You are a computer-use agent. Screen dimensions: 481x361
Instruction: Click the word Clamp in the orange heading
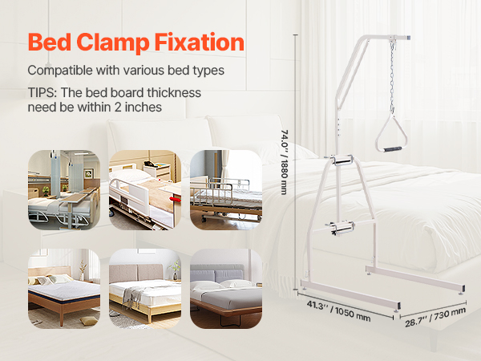[x=112, y=43]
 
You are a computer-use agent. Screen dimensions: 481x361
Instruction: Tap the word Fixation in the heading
[x=199, y=42]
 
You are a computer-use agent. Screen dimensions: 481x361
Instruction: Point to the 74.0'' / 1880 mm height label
[x=285, y=162]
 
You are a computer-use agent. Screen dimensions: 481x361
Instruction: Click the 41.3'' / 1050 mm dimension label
[x=338, y=310]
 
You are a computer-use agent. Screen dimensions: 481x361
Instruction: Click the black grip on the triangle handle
[x=392, y=149]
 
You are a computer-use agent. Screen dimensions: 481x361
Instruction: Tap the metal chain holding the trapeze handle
[x=392, y=77]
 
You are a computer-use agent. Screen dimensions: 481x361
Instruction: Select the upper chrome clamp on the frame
[x=342, y=160]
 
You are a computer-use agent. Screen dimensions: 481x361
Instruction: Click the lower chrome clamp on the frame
[x=342, y=228]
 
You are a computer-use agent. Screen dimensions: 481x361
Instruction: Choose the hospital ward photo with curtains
[x=64, y=189]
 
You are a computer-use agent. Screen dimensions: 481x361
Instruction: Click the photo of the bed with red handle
[x=145, y=189]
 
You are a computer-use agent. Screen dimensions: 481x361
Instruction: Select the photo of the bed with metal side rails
[x=226, y=189]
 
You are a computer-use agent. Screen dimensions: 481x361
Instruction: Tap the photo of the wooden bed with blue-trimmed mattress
[x=64, y=289]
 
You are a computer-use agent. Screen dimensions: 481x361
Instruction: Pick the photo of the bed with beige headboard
[x=145, y=289]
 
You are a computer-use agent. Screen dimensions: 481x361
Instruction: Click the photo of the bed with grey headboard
[x=226, y=289]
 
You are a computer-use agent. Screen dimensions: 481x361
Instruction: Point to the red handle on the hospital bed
[x=176, y=200]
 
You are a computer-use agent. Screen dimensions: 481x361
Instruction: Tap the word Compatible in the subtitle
[x=60, y=71]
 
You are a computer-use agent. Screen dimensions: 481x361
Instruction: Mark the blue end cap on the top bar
[x=408, y=38]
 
